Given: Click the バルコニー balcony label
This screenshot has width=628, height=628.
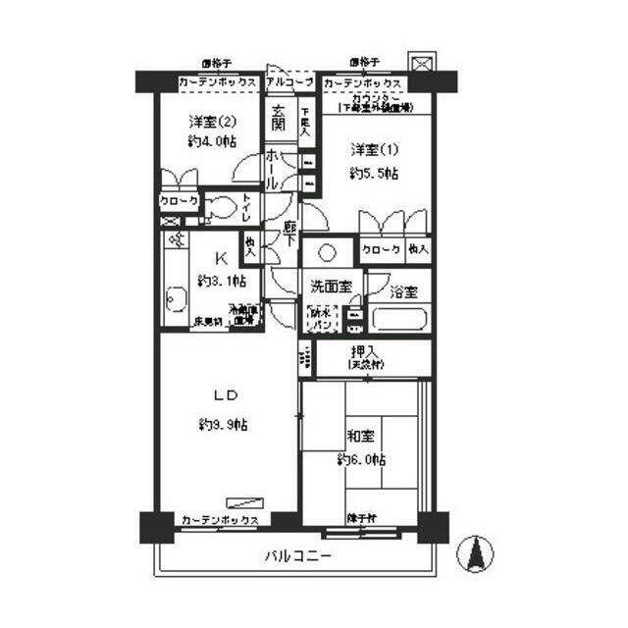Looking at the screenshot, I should click(x=297, y=555).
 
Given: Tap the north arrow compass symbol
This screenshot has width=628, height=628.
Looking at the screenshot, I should click(x=477, y=554).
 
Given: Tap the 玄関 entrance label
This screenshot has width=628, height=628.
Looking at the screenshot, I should click(x=279, y=119).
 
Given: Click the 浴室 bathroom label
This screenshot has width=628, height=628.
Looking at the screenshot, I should click(x=403, y=291).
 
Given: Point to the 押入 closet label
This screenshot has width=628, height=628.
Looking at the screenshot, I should click(x=362, y=351).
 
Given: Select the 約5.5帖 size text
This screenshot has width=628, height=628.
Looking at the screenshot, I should click(x=374, y=174).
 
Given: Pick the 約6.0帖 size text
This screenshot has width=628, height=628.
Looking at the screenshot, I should click(x=361, y=459).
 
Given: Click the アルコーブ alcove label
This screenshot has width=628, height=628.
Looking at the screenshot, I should click(x=289, y=82).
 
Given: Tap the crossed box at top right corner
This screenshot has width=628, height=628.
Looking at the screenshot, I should click(x=422, y=64).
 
